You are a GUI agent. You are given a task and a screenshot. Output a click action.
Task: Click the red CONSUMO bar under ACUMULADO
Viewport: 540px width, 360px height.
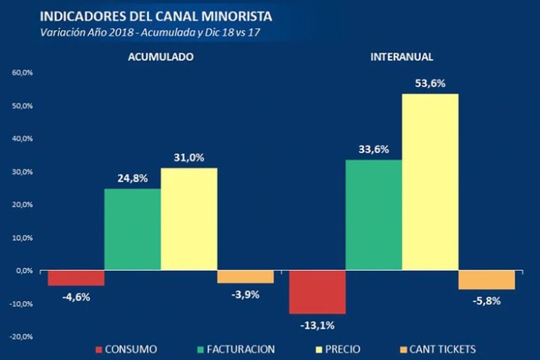(x=76, y=278)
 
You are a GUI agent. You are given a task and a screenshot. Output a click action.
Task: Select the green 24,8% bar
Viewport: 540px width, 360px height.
(x=133, y=229)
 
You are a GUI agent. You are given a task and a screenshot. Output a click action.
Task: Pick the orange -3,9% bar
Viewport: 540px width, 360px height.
(x=246, y=277)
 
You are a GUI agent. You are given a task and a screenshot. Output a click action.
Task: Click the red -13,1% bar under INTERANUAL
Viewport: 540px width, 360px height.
(x=317, y=292)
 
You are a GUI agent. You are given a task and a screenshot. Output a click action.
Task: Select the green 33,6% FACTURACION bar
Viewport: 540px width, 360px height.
(x=374, y=215)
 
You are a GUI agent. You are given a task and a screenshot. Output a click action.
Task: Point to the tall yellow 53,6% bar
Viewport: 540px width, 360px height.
(x=430, y=182)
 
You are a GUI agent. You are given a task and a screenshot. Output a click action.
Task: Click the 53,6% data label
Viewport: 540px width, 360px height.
(x=430, y=84)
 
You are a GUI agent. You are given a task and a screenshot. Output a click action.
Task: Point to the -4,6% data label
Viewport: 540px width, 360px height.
(x=76, y=297)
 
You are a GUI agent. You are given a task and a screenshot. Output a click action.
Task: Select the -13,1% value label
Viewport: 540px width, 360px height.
(x=317, y=325)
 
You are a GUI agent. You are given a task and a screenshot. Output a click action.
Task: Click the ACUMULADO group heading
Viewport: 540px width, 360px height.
(x=161, y=56)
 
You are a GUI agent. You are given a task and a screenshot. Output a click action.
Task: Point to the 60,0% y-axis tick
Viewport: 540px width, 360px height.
(x=22, y=73)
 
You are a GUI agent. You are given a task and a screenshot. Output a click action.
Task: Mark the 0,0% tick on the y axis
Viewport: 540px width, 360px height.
(x=23, y=271)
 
